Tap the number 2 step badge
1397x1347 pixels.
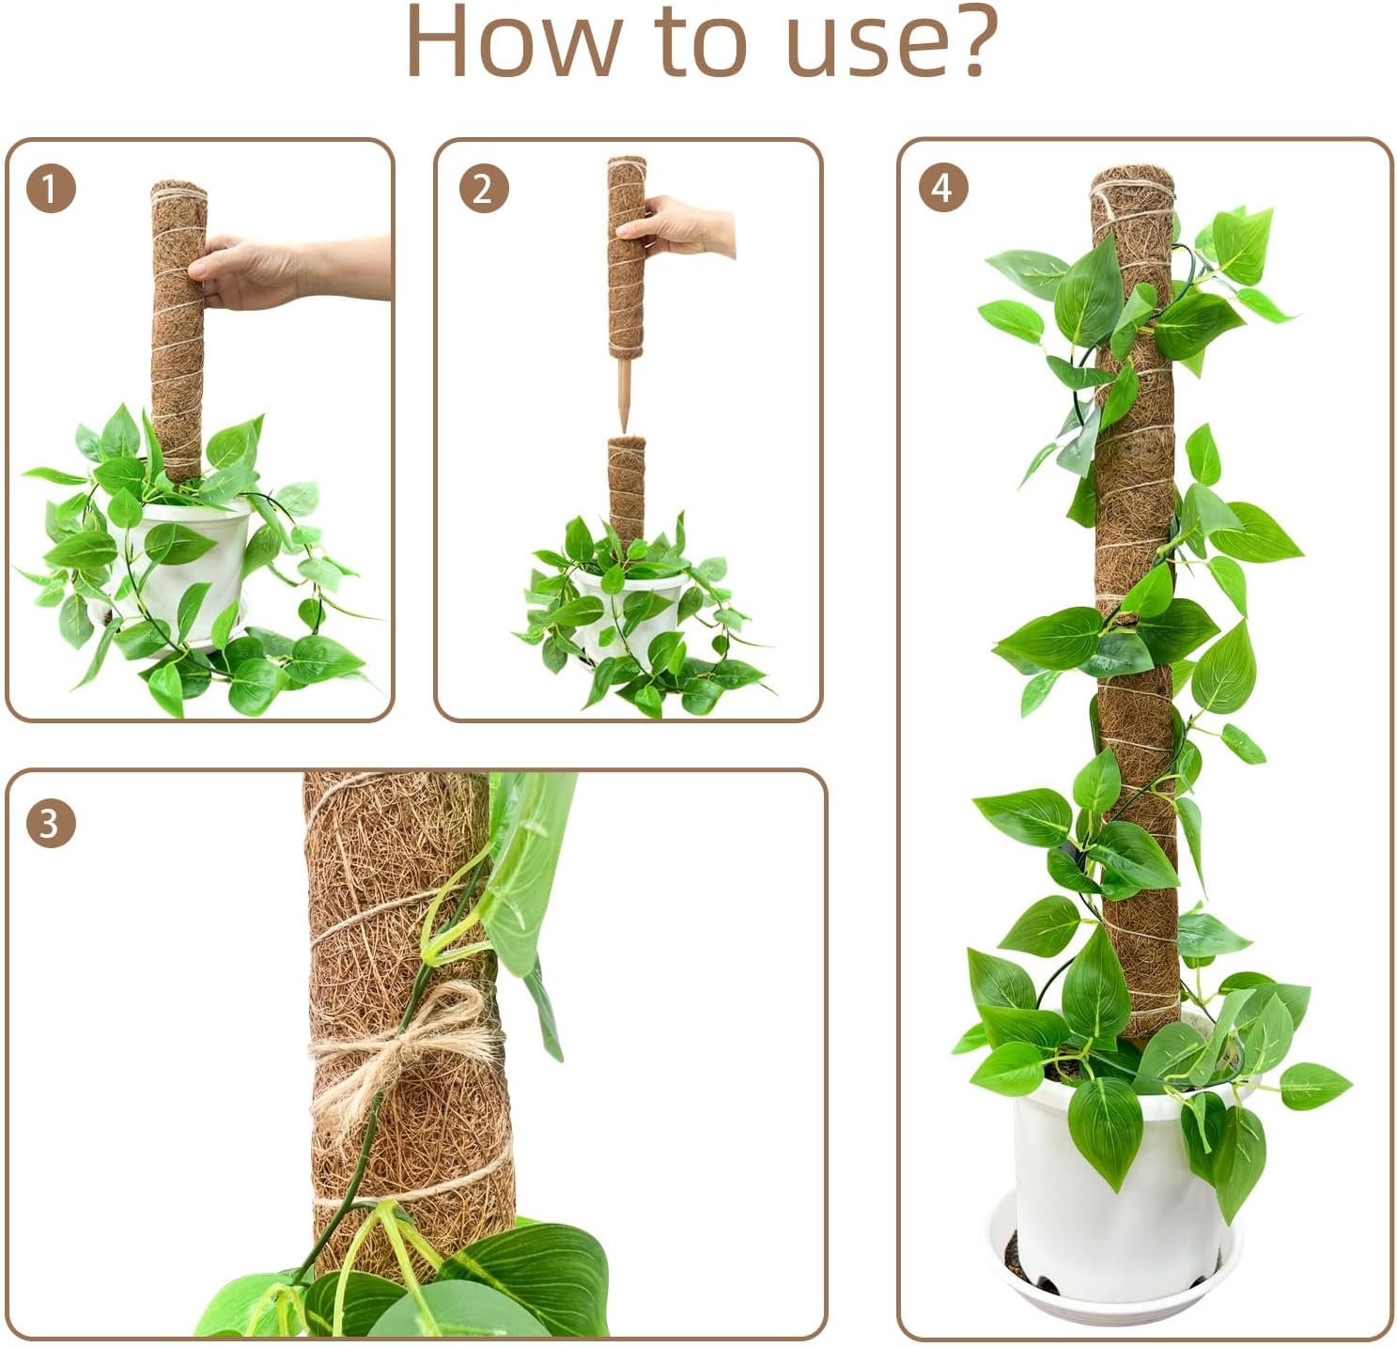coord(484,189)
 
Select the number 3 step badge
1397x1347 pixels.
coord(51,824)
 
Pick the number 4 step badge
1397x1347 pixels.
coord(942,189)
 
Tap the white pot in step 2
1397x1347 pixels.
coord(629,610)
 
